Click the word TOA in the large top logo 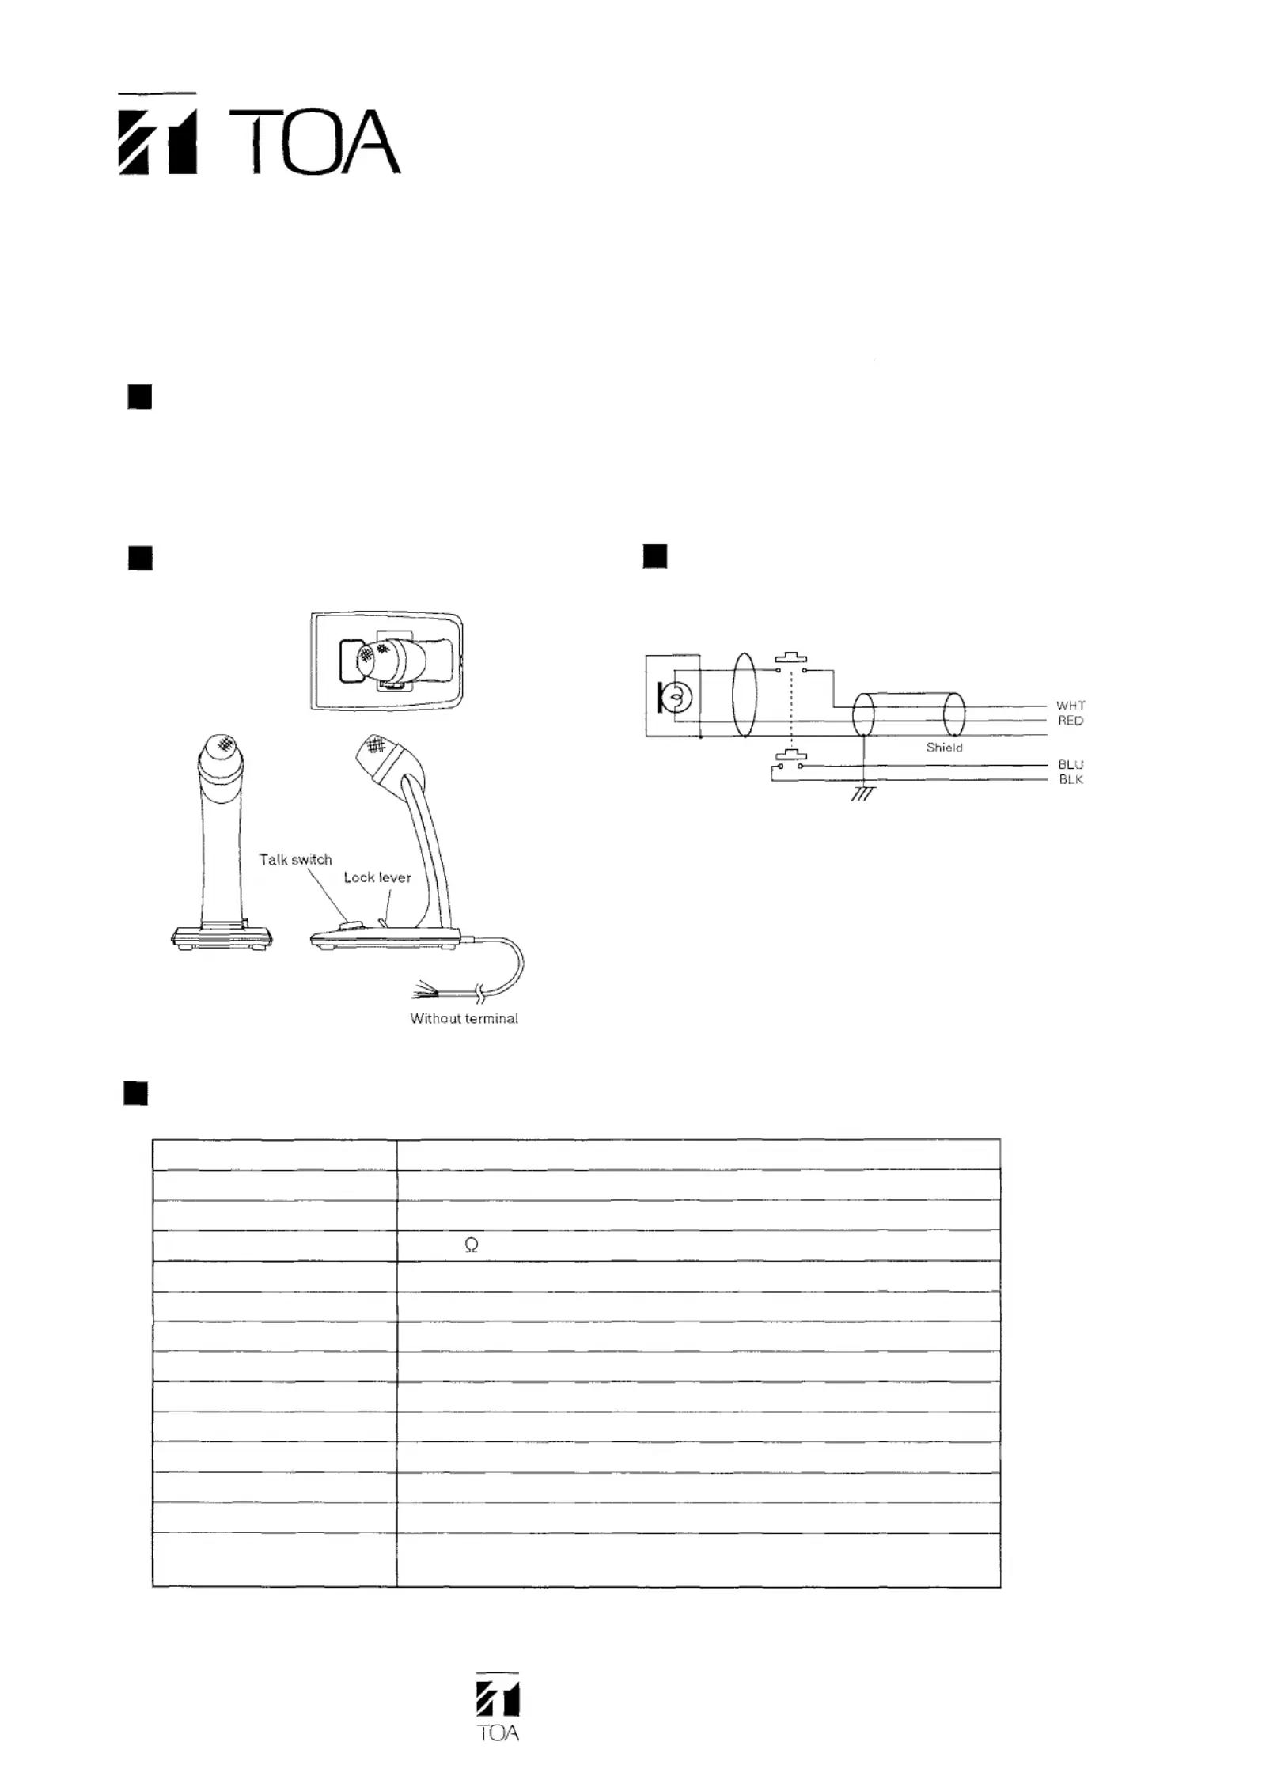(x=314, y=142)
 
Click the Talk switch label (x=295, y=860)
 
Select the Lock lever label (x=377, y=877)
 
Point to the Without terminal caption (x=464, y=1019)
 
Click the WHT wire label (x=1071, y=706)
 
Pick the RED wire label (x=1071, y=721)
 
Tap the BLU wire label (x=1071, y=765)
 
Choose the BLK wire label (x=1071, y=780)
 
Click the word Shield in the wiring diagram (x=944, y=748)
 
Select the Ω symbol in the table (x=471, y=1246)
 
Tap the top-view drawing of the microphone (x=387, y=661)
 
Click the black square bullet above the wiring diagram (x=655, y=557)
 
